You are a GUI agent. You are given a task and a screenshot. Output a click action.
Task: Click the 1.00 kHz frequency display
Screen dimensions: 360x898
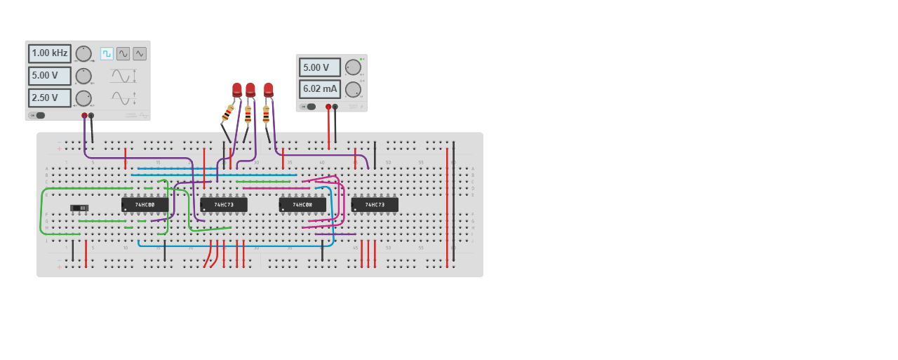tap(50, 53)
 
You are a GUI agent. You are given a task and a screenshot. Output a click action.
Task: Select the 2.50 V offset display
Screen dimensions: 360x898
tap(50, 98)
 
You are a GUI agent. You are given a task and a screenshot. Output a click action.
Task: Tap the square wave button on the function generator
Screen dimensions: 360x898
tap(107, 53)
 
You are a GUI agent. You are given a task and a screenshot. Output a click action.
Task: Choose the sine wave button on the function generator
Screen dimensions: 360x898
tap(123, 53)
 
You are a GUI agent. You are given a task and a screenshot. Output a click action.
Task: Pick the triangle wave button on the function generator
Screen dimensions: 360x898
tap(140, 53)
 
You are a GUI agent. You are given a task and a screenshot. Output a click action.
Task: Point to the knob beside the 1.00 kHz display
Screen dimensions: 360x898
tap(83, 53)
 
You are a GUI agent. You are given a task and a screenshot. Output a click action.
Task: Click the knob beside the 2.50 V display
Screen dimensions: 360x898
tap(83, 98)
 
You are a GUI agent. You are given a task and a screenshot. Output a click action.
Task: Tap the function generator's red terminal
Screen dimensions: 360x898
tap(84, 115)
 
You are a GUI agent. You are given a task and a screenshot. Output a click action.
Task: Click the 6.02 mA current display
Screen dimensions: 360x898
tap(320, 89)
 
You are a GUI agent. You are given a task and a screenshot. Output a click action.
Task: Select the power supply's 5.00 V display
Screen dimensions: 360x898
tap(320, 67)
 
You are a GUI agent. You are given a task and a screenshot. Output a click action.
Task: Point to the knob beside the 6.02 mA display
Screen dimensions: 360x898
tap(353, 89)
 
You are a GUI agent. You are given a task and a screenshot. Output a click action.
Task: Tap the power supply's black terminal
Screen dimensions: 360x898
tap(335, 107)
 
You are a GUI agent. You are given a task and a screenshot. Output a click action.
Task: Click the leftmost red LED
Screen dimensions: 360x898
tap(237, 89)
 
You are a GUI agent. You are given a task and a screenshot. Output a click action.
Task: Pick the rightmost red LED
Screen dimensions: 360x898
tap(269, 89)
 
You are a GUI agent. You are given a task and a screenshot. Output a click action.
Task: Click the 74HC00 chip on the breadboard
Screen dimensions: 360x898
tap(145, 205)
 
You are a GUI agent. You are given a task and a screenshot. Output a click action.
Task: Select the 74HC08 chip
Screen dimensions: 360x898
tap(302, 205)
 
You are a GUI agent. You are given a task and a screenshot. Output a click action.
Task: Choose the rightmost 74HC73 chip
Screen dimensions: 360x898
tap(375, 205)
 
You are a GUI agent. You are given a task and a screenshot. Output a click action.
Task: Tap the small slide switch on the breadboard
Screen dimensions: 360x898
tap(79, 208)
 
